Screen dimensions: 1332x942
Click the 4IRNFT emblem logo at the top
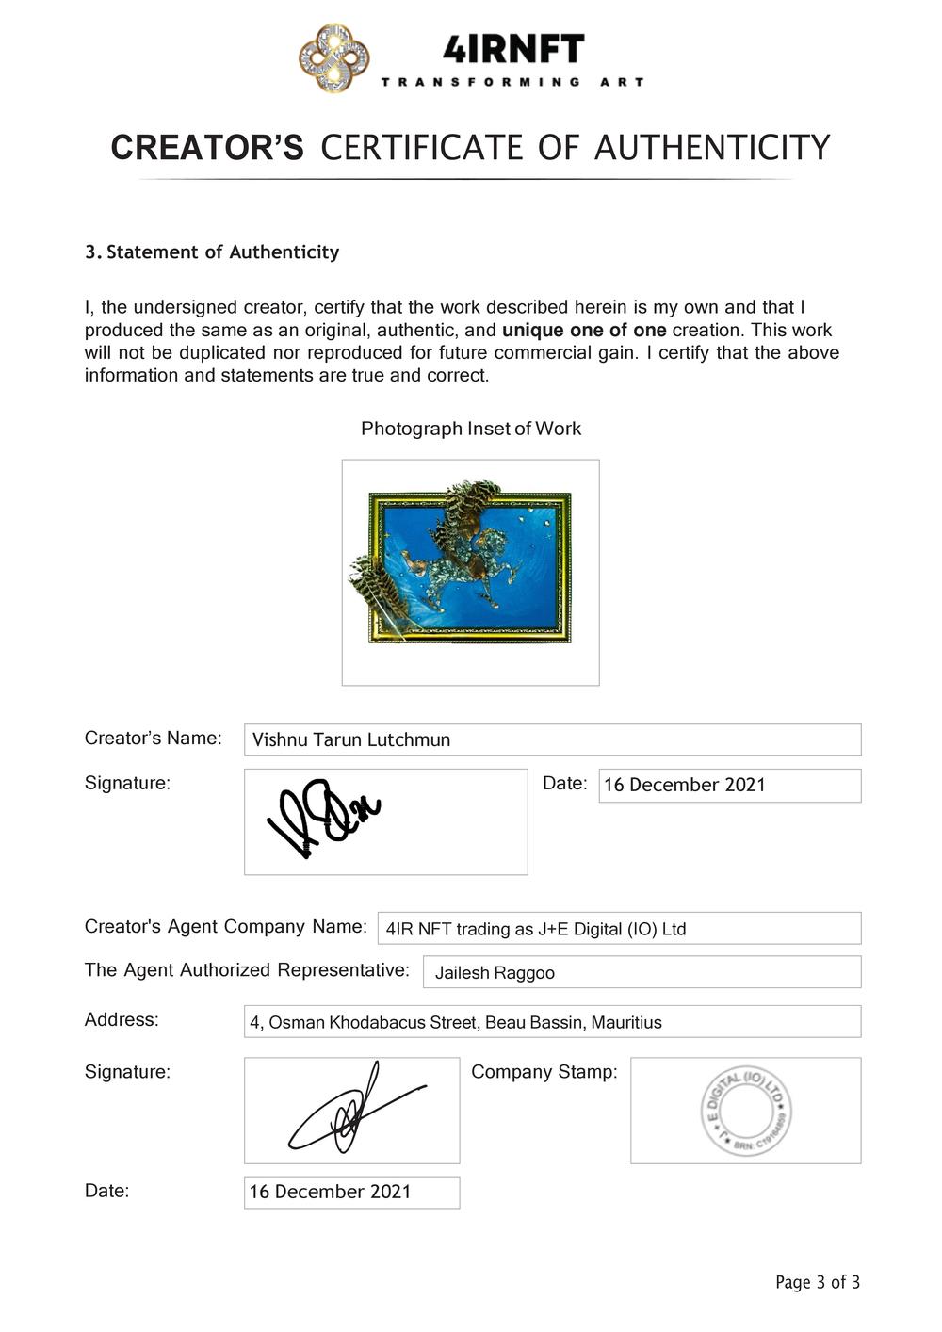pyautogui.click(x=334, y=58)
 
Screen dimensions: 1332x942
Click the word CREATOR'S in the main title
pyautogui.click(x=207, y=148)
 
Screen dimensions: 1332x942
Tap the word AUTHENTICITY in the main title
pyautogui.click(x=712, y=148)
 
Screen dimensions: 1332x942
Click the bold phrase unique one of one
pyautogui.click(x=584, y=331)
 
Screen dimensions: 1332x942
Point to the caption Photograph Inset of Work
pyautogui.click(x=471, y=429)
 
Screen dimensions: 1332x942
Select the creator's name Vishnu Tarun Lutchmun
pyautogui.click(x=351, y=739)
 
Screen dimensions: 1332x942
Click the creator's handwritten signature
pyautogui.click(x=324, y=816)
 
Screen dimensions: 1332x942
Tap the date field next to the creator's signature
pyautogui.click(x=729, y=785)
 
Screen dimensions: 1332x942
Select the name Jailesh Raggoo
pyautogui.click(x=495, y=973)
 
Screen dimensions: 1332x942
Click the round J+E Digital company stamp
pyautogui.click(x=746, y=1111)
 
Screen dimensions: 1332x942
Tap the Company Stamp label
pyautogui.click(x=544, y=1072)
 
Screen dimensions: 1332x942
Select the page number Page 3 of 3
pyautogui.click(x=817, y=1282)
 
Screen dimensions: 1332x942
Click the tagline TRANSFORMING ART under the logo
pyautogui.click(x=512, y=83)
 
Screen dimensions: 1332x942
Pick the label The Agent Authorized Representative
pyautogui.click(x=247, y=970)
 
